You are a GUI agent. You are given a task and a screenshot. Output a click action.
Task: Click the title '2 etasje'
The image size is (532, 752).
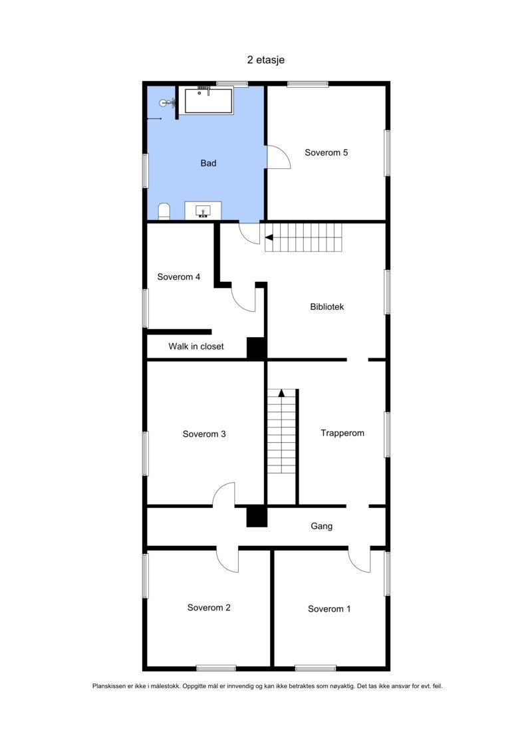pyautogui.click(x=266, y=60)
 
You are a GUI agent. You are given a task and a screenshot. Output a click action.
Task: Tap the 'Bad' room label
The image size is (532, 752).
pyautogui.click(x=208, y=163)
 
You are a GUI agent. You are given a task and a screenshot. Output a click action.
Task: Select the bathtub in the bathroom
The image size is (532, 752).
pyautogui.click(x=208, y=101)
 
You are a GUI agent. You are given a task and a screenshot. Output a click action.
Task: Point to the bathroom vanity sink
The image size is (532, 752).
pyautogui.click(x=204, y=211)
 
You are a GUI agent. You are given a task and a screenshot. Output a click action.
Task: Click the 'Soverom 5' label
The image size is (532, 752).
pyautogui.click(x=326, y=152)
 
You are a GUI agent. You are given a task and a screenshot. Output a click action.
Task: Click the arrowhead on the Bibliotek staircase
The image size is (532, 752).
pyautogui.click(x=269, y=237)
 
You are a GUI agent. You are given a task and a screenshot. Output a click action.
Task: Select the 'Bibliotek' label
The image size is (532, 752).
pyautogui.click(x=327, y=307)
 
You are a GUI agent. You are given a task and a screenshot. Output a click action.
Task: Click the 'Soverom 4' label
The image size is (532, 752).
pyautogui.click(x=178, y=277)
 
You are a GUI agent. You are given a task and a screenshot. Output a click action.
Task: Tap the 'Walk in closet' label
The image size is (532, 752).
pyautogui.click(x=196, y=346)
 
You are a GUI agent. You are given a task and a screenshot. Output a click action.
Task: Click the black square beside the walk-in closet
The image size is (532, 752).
pyautogui.click(x=256, y=348)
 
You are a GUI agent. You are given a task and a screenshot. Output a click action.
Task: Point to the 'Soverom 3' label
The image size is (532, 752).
pyautogui.click(x=204, y=434)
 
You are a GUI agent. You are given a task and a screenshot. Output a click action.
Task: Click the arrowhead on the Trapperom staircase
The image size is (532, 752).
pyautogui.click(x=281, y=392)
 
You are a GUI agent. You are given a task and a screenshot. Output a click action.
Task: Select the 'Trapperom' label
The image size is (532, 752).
pyautogui.click(x=342, y=433)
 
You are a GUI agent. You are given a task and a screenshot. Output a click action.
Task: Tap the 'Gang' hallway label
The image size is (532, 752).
pyautogui.click(x=321, y=526)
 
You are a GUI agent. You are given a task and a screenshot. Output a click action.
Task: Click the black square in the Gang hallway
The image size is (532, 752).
pyautogui.click(x=256, y=517)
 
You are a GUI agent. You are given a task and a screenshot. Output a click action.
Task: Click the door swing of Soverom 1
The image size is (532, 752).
pyautogui.click(x=359, y=561)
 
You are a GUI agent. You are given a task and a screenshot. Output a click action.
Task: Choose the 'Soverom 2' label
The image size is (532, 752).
pyautogui.click(x=209, y=607)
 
